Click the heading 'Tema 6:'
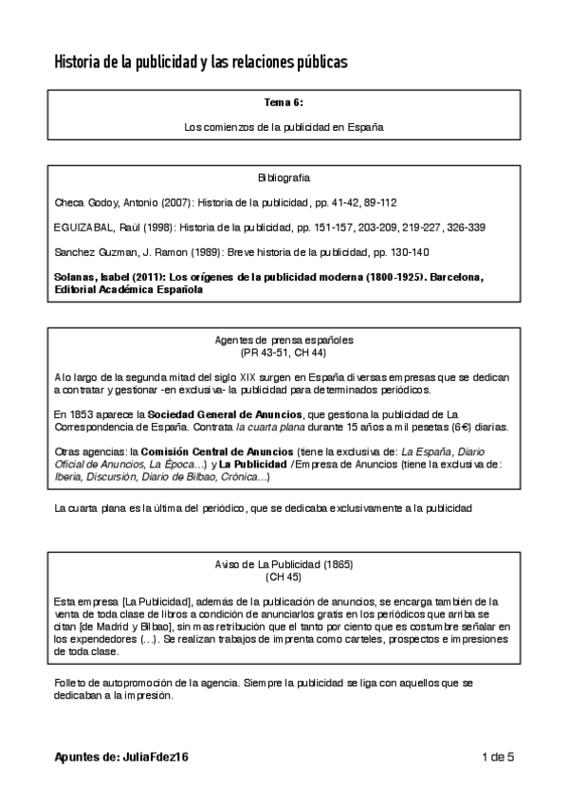284,101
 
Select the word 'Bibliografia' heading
284,177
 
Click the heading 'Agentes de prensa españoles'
284,338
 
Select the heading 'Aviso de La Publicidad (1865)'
284,564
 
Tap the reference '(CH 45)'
284,576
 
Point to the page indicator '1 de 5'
497,757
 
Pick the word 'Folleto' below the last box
73,682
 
